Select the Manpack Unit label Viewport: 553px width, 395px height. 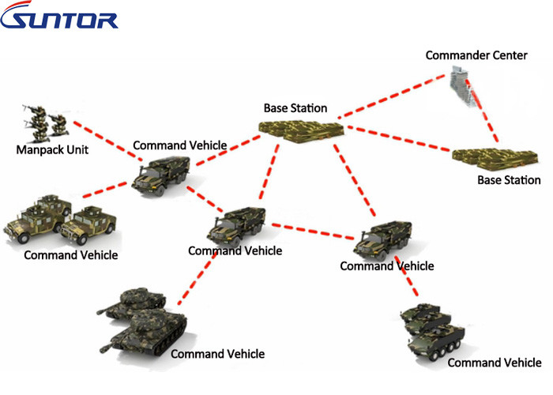click(52, 149)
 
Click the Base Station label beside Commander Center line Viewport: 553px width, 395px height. click(295, 108)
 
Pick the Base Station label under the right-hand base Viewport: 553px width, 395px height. click(509, 180)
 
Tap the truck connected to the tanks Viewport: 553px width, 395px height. click(237, 226)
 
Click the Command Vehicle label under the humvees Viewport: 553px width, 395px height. click(71, 255)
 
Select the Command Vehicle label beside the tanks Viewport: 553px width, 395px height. click(217, 354)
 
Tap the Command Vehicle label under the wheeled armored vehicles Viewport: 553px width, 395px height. click(494, 363)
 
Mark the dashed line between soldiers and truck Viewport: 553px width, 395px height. click(106, 140)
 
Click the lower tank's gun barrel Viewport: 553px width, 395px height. click(111, 348)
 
